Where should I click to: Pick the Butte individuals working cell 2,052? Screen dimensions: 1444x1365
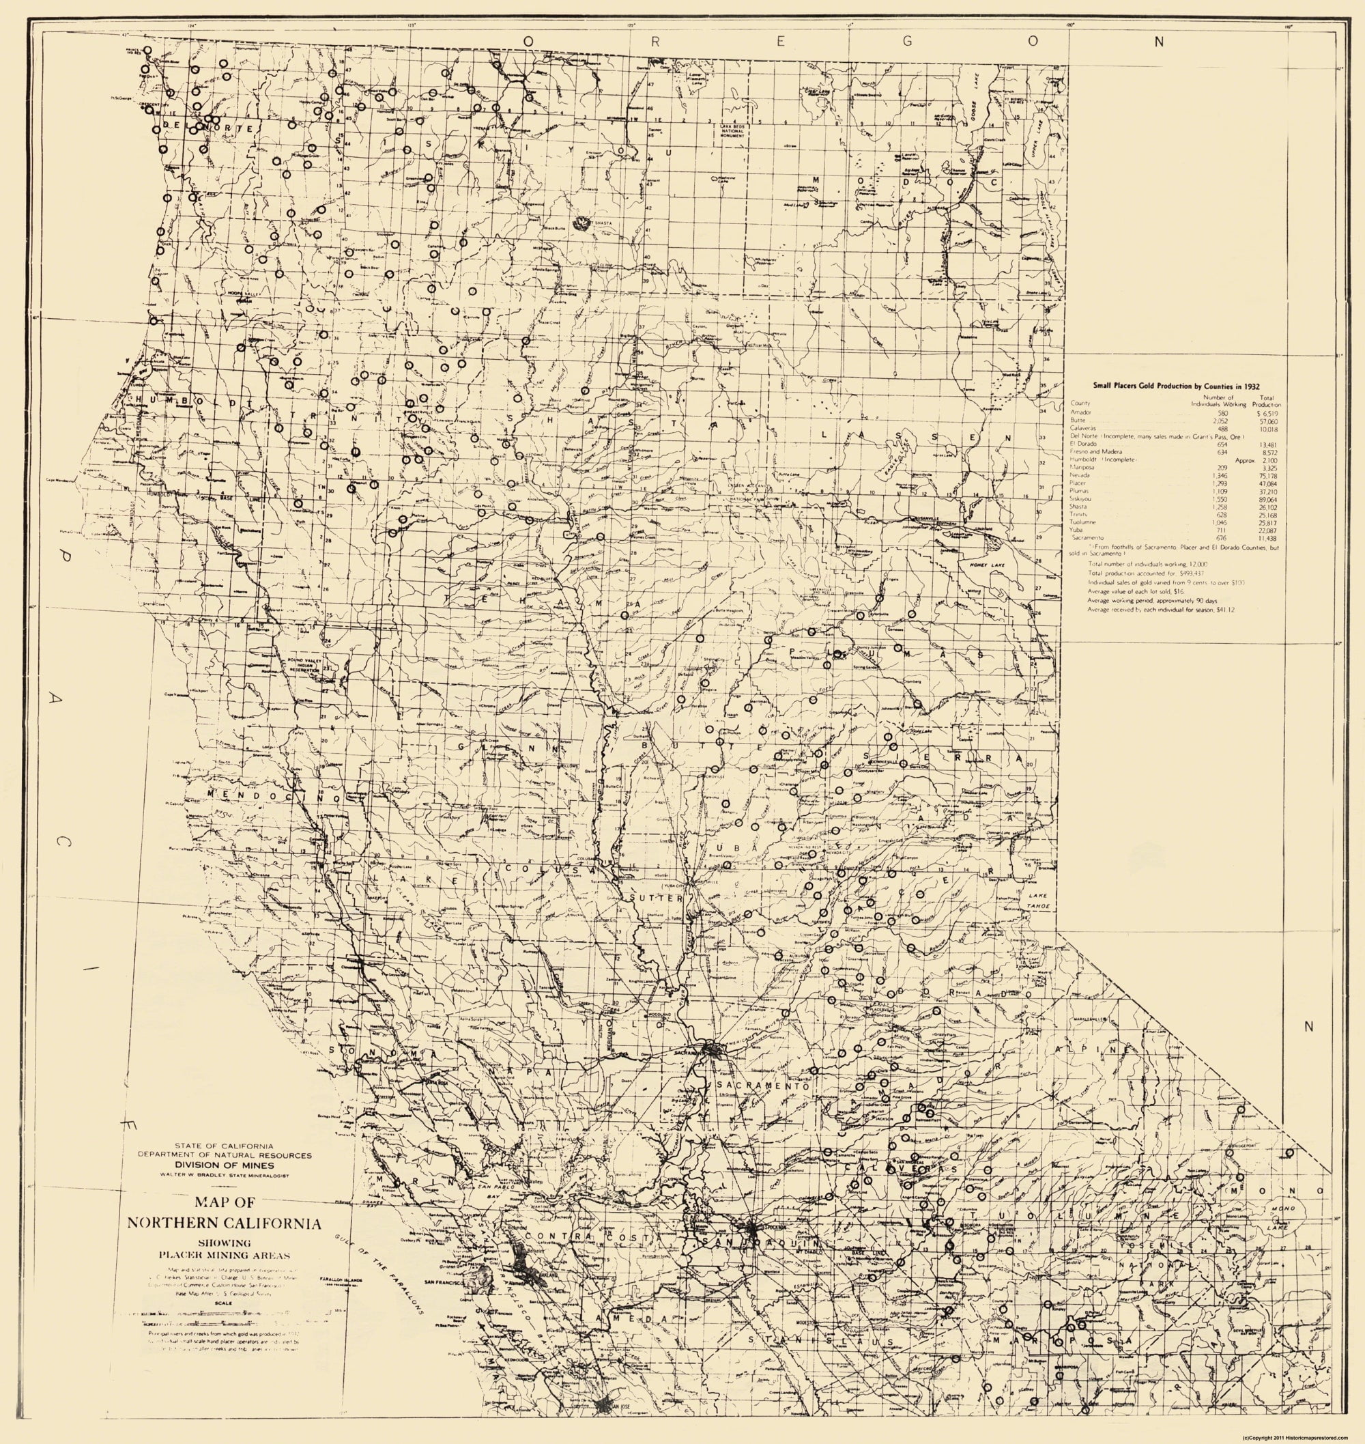point(1217,421)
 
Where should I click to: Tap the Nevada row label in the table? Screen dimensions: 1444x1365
point(1080,475)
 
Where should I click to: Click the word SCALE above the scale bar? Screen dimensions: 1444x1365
point(223,1303)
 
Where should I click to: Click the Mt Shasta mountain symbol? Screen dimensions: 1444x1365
point(581,223)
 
